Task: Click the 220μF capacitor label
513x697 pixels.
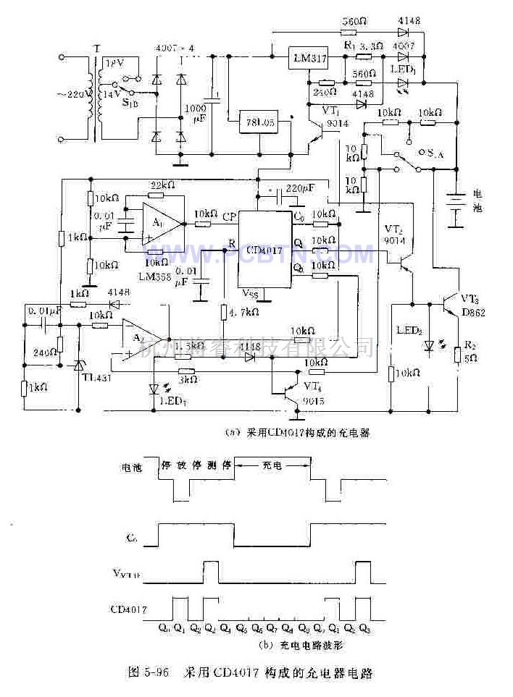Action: pos(301,188)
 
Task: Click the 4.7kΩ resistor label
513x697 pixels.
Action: pos(246,313)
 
